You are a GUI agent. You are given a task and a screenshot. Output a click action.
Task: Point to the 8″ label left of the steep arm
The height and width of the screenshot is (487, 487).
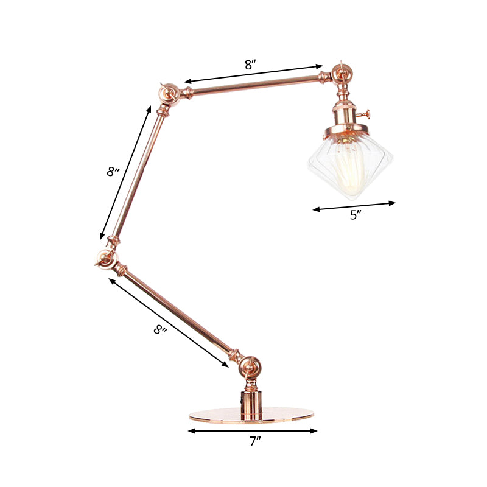tap(113, 172)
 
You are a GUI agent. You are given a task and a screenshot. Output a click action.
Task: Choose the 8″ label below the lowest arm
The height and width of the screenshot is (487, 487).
tap(159, 331)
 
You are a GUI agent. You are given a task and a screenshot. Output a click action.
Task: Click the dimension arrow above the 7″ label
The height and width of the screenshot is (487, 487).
tap(253, 430)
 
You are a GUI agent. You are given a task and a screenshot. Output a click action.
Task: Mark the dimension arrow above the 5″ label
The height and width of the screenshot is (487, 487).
tap(354, 206)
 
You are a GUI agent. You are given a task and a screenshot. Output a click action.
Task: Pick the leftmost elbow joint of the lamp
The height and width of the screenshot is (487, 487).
tap(105, 258)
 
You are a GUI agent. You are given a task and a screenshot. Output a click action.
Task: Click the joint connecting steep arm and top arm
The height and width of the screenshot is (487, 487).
tap(168, 94)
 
